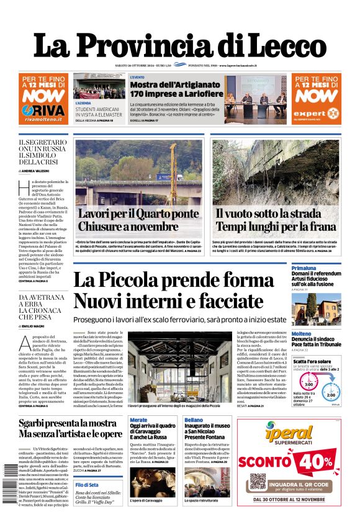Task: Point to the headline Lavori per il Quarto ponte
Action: [138, 214]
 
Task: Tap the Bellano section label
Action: [194, 420]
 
